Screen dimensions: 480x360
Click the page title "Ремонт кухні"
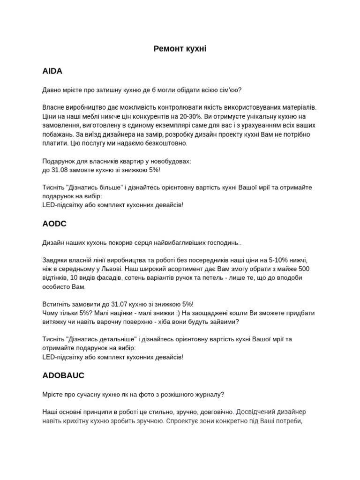(x=180, y=49)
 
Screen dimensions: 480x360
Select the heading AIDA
(x=52, y=71)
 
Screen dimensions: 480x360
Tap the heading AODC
(x=54, y=224)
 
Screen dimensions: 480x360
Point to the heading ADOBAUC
(x=63, y=375)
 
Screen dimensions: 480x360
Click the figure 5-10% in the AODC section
(x=275, y=260)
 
